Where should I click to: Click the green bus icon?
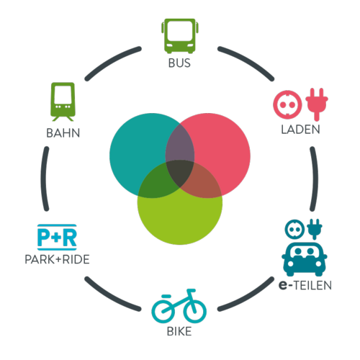click(180, 36)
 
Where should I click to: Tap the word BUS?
click(179, 63)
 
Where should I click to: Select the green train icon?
click(63, 102)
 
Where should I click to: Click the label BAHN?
click(63, 133)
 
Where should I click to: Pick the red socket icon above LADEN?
click(287, 104)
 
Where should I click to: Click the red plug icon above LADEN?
click(317, 104)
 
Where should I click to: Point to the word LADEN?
click(300, 130)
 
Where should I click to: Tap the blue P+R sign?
click(57, 238)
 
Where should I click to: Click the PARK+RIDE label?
click(57, 259)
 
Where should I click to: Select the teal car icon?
click(305, 259)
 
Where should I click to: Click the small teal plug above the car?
click(315, 229)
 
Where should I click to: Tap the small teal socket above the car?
click(294, 229)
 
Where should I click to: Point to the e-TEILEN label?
click(305, 285)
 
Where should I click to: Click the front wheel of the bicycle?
click(194, 311)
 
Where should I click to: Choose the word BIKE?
click(179, 331)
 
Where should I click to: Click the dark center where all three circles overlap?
click(180, 173)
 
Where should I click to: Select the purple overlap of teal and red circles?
click(179, 144)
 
